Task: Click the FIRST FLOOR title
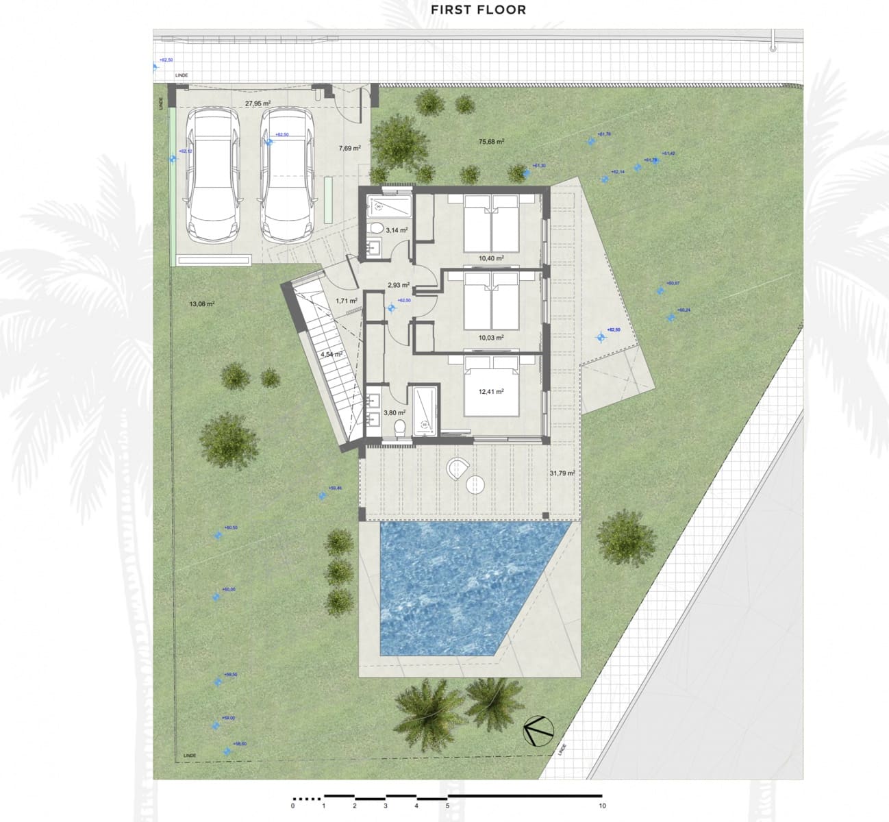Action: coord(478,10)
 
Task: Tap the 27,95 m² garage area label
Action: coord(258,104)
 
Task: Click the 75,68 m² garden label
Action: coord(491,142)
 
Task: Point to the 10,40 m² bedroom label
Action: coord(491,258)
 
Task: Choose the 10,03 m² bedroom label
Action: coord(491,337)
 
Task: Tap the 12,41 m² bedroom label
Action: coord(491,392)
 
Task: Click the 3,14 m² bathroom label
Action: coord(397,231)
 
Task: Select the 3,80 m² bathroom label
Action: coord(395,413)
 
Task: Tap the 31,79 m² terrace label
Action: coord(562,473)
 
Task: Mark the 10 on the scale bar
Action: coord(602,806)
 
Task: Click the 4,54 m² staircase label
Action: coord(331,355)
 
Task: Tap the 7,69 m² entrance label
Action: coord(349,147)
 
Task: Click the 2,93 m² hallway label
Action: coord(398,285)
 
